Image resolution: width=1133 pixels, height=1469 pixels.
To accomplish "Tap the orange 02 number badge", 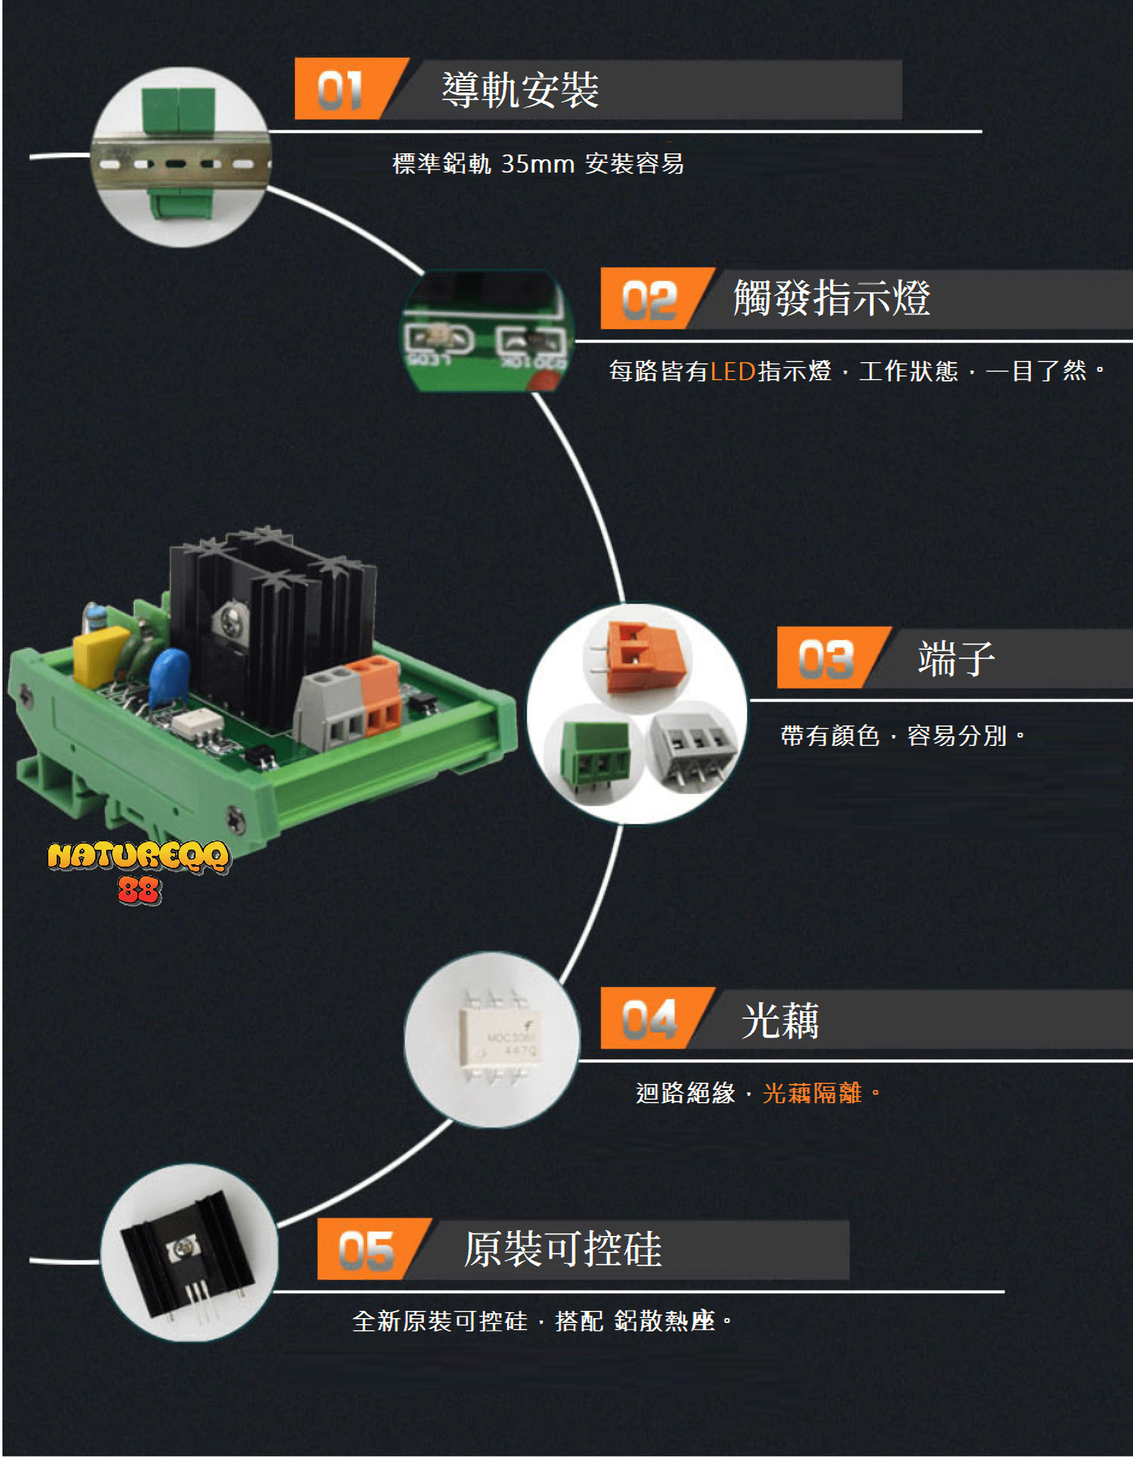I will (649, 299).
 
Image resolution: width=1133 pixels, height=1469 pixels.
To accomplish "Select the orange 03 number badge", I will (826, 658).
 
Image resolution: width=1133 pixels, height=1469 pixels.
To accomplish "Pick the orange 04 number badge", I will (649, 1018).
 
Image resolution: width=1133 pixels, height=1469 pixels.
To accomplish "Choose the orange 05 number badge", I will (366, 1250).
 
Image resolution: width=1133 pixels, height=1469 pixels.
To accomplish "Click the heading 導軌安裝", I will (520, 89).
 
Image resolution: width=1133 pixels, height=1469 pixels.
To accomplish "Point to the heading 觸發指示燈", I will (831, 298).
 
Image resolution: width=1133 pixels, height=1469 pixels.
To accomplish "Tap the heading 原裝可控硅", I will (562, 1249).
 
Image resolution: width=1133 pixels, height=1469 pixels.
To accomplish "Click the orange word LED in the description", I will (732, 371).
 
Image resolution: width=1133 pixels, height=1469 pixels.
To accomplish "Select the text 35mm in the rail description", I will (538, 164).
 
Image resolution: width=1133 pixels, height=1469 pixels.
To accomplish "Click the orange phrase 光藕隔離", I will (811, 1093).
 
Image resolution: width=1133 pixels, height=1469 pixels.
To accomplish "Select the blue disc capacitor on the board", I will (169, 675).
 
